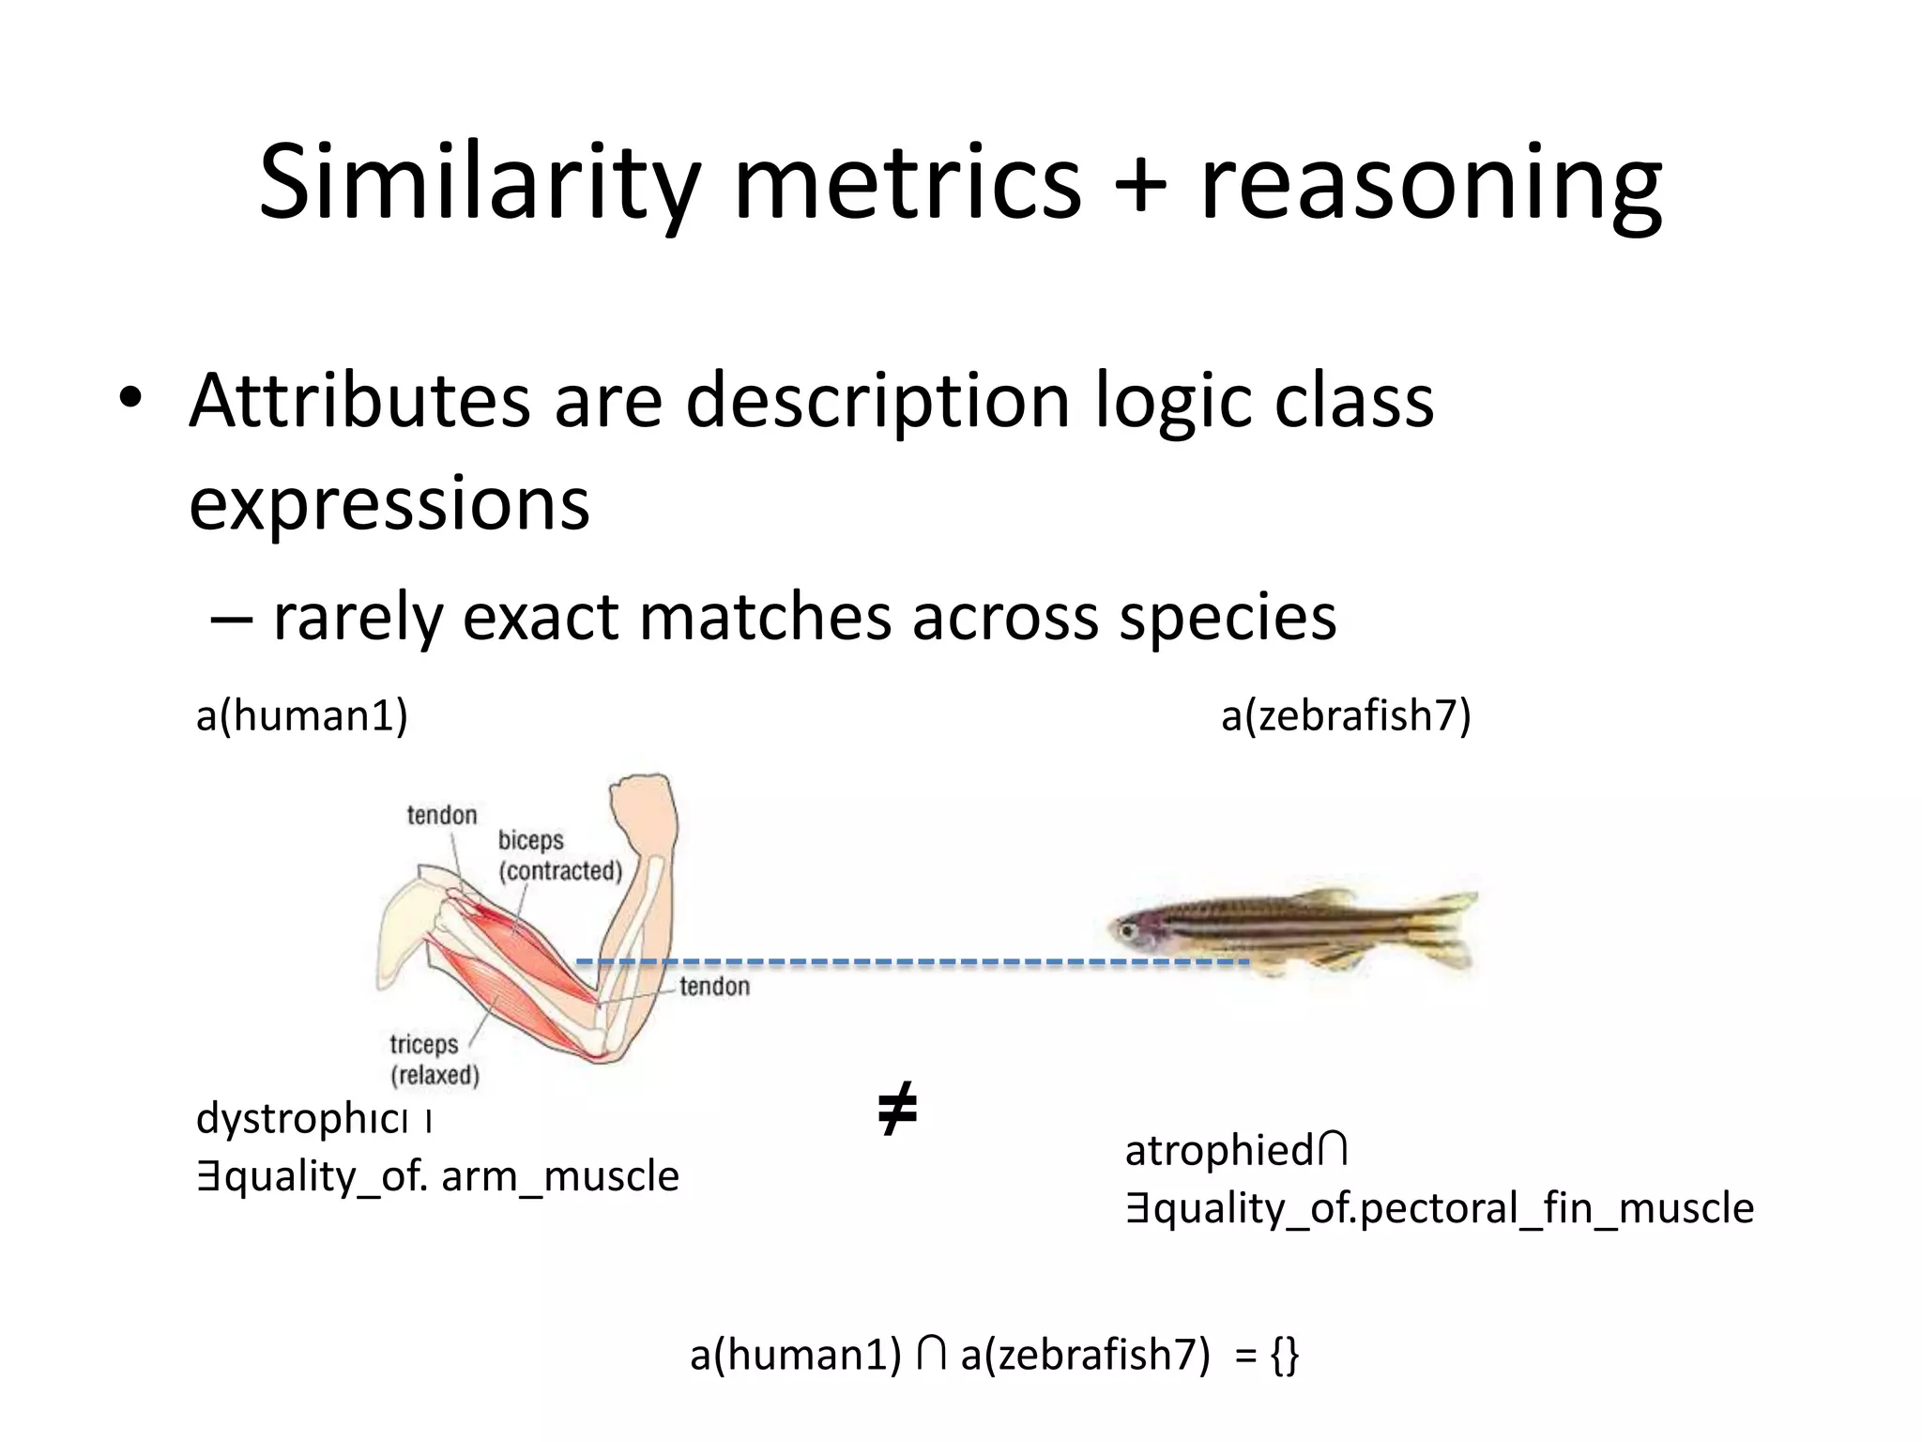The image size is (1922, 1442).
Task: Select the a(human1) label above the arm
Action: (x=301, y=716)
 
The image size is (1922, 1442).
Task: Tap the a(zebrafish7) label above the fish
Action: (x=1346, y=716)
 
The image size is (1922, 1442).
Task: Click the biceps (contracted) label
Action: (x=559, y=855)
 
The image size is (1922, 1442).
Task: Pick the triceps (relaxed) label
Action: (x=433, y=1058)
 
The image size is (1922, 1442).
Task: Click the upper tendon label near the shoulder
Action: (x=441, y=815)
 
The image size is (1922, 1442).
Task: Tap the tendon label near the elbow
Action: (x=714, y=986)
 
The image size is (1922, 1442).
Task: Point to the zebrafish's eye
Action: (x=1125, y=930)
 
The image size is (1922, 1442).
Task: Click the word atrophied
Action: (x=1218, y=1151)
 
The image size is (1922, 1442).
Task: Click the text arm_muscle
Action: (x=559, y=1177)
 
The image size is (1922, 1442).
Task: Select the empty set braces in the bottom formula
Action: (x=1285, y=1355)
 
